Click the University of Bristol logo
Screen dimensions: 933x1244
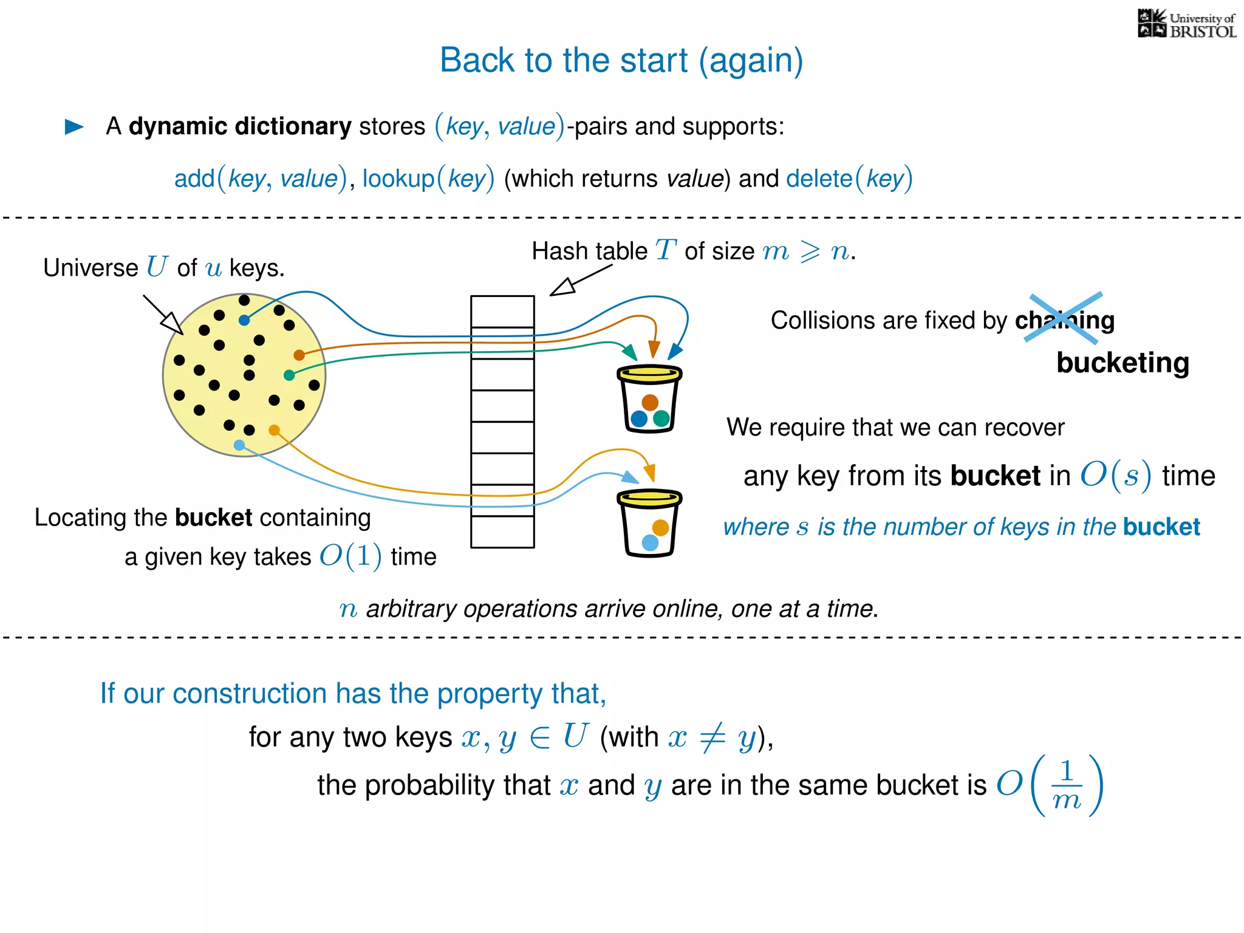[x=1186, y=24]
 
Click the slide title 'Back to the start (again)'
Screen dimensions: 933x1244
[x=621, y=60]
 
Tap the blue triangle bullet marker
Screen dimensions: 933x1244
[x=74, y=126]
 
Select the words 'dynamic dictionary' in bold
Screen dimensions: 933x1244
[x=240, y=126]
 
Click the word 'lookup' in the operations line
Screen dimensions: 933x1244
[x=398, y=179]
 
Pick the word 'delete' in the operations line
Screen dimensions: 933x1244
[x=819, y=179]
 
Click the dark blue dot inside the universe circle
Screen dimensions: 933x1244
[x=244, y=320]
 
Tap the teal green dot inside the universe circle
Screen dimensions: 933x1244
[x=289, y=375]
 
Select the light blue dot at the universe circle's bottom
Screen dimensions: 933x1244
[x=239, y=445]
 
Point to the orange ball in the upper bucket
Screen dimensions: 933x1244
[x=650, y=402]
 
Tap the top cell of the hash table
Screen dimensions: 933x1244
[x=502, y=311]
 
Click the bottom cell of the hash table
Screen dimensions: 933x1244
[x=502, y=531]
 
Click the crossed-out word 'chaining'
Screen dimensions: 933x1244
[x=1064, y=320]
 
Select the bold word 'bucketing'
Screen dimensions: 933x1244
[x=1123, y=363]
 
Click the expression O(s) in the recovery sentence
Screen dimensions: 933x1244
[x=1115, y=475]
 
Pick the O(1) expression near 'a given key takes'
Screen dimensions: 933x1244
[x=350, y=556]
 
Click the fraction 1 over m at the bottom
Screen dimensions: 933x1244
[x=1067, y=785]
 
